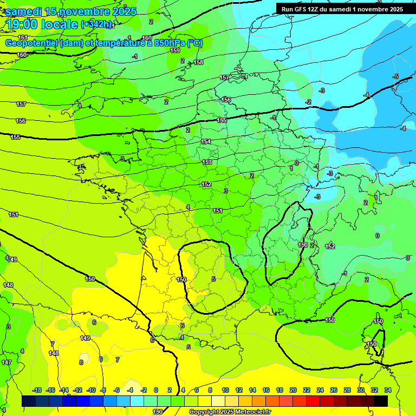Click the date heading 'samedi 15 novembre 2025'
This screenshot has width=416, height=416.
point(71,11)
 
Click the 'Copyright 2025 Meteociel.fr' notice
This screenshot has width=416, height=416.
point(230,412)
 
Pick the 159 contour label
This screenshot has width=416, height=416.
point(175,50)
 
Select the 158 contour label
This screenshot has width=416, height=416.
point(198,62)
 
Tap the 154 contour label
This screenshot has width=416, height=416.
point(206,141)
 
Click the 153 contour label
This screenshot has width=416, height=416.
point(207,162)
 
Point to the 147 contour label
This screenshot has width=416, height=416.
point(6,362)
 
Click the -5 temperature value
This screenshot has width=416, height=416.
point(395,76)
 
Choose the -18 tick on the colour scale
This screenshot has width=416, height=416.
point(37,390)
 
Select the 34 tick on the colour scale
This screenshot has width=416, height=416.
point(387,390)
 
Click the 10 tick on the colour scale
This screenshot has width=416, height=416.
point(225,390)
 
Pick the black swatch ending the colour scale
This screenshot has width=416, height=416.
point(380,401)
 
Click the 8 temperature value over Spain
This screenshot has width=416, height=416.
point(81,362)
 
